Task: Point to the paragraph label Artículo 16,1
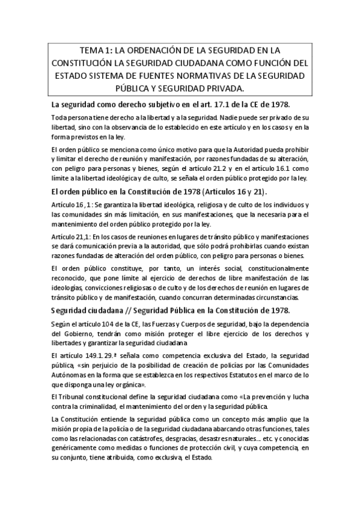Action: pos(69,206)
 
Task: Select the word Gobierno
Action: pos(75,334)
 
